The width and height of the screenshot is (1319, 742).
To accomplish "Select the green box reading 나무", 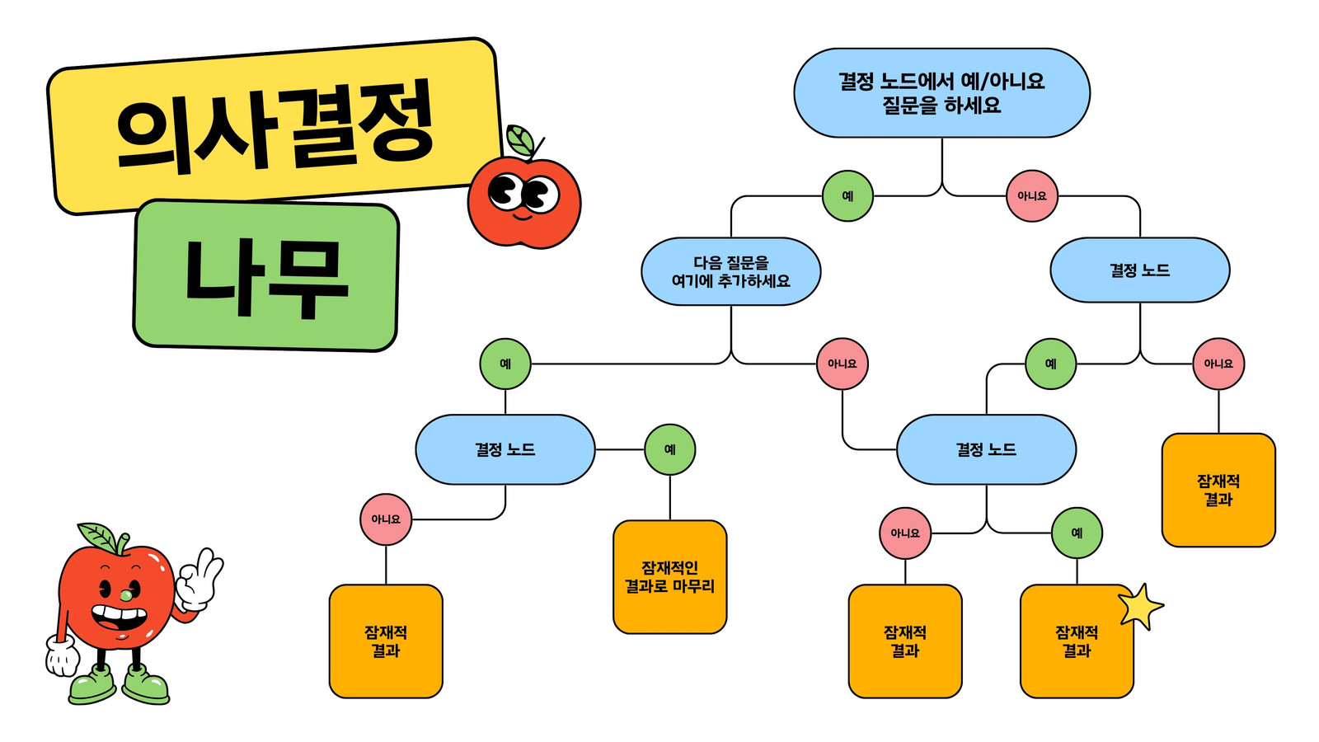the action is coord(266,275).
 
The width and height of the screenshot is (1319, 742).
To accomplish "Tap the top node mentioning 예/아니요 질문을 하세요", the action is coord(941,93).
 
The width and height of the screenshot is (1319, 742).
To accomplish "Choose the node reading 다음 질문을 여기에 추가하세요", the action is coord(730,271).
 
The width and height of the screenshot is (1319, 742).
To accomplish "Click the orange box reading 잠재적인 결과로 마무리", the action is coord(669,577).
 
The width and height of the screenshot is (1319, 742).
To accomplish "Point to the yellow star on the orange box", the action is coord(1140,607).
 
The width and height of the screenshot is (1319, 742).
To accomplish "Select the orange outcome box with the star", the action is coord(1077,641).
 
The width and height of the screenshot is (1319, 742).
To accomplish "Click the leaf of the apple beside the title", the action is coord(520,140).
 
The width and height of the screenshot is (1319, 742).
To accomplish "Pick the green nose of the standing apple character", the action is coord(126,595).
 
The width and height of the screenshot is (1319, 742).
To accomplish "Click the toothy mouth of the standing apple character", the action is coord(120,619).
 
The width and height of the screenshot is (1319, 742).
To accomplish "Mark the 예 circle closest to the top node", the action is coord(847,196).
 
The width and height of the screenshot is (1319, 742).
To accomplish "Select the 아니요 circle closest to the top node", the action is coord(1031,196).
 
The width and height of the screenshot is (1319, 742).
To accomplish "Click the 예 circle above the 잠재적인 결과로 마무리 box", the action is coord(669,449).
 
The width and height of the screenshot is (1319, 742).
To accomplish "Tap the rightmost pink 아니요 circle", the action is coord(1218,364).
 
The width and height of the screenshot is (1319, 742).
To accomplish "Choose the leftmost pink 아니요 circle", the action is coord(386,519).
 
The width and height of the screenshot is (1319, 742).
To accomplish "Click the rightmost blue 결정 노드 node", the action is coord(1140,270).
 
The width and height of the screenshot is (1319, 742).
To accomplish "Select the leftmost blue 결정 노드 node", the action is coord(505,449).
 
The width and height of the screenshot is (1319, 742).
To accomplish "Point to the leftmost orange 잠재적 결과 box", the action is coord(386,641).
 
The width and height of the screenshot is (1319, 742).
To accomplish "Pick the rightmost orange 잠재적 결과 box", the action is coord(1218,491).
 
